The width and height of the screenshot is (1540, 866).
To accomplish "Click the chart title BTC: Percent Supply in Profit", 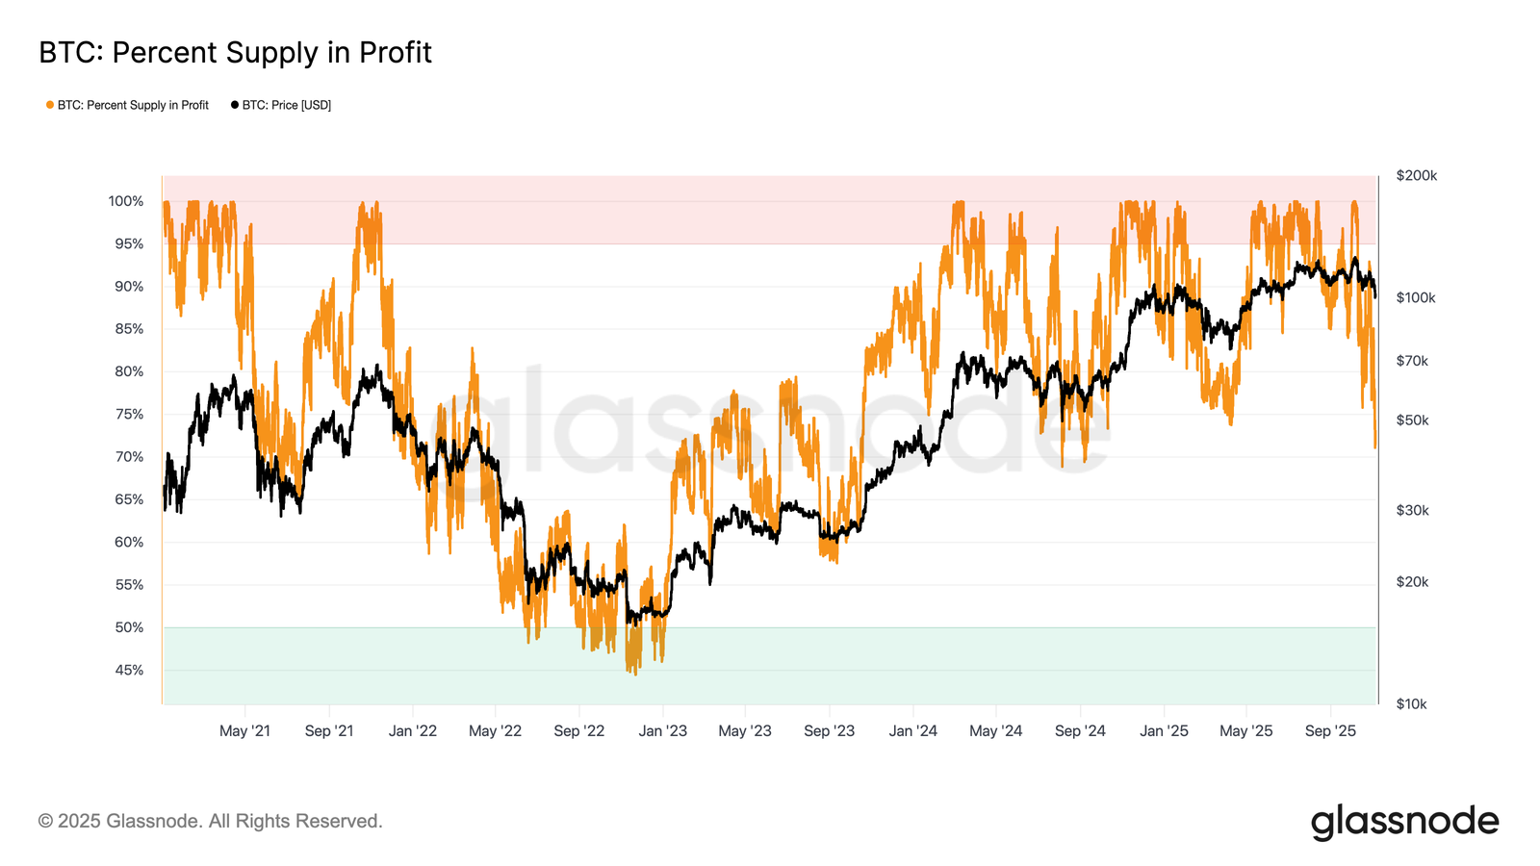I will coord(235,53).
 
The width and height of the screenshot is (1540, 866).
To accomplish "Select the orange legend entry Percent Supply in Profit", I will coord(132,105).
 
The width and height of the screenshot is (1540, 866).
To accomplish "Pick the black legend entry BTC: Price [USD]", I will coord(286,105).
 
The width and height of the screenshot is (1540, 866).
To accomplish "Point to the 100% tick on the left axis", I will coord(126,201).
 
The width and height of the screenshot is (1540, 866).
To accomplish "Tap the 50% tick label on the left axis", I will coord(129,627).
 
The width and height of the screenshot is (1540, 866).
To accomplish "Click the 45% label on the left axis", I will coord(129,670).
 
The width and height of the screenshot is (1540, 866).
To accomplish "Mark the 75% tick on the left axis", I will coord(129,414).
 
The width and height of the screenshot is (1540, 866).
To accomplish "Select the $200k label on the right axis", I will coord(1416,175).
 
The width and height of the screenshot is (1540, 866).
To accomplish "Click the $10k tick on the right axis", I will coord(1411,703).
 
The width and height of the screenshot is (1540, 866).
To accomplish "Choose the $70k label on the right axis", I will coord(1412,361).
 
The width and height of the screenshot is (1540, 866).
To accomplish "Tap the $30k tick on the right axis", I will coord(1412,510).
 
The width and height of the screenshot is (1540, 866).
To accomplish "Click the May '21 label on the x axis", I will coord(244,731).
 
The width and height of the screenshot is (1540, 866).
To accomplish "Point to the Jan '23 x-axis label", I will coord(663,731).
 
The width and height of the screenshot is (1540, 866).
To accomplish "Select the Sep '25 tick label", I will coord(1330,731).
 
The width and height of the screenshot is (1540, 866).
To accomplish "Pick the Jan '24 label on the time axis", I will coord(912,731).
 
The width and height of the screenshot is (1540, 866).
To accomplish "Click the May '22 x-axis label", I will coord(495,731).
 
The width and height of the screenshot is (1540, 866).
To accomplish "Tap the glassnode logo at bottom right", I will coord(1404,822).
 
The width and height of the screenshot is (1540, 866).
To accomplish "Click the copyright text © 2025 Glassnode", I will coord(210,821).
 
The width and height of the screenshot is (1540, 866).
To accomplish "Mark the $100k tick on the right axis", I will coord(1415,297).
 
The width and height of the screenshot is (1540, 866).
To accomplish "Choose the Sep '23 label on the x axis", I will coord(829,731).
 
